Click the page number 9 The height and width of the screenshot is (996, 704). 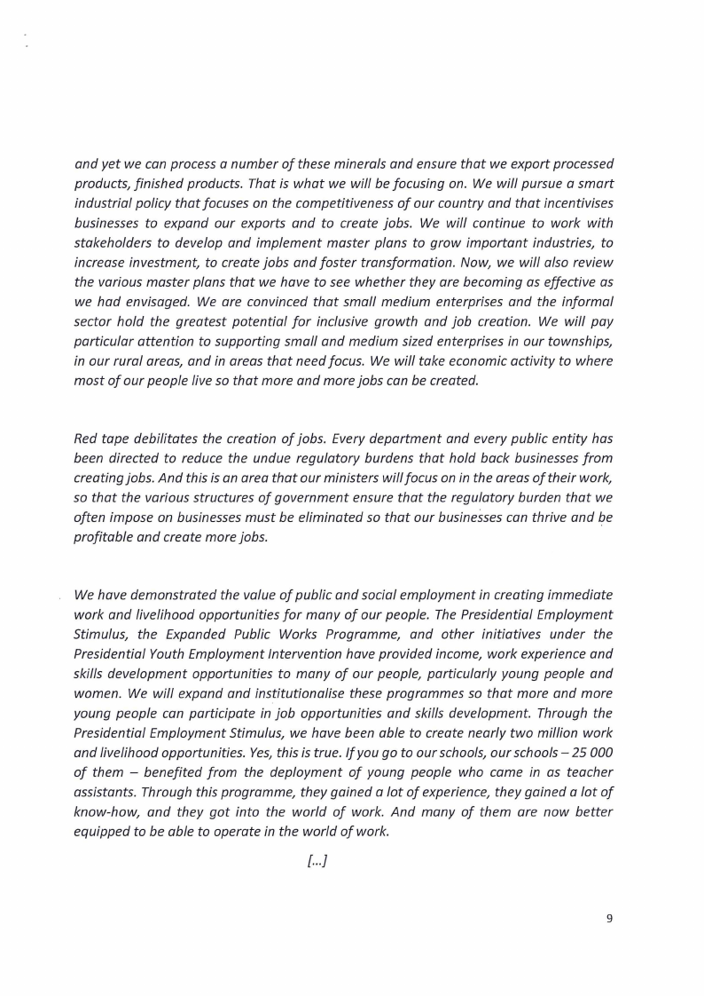click(x=609, y=919)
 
